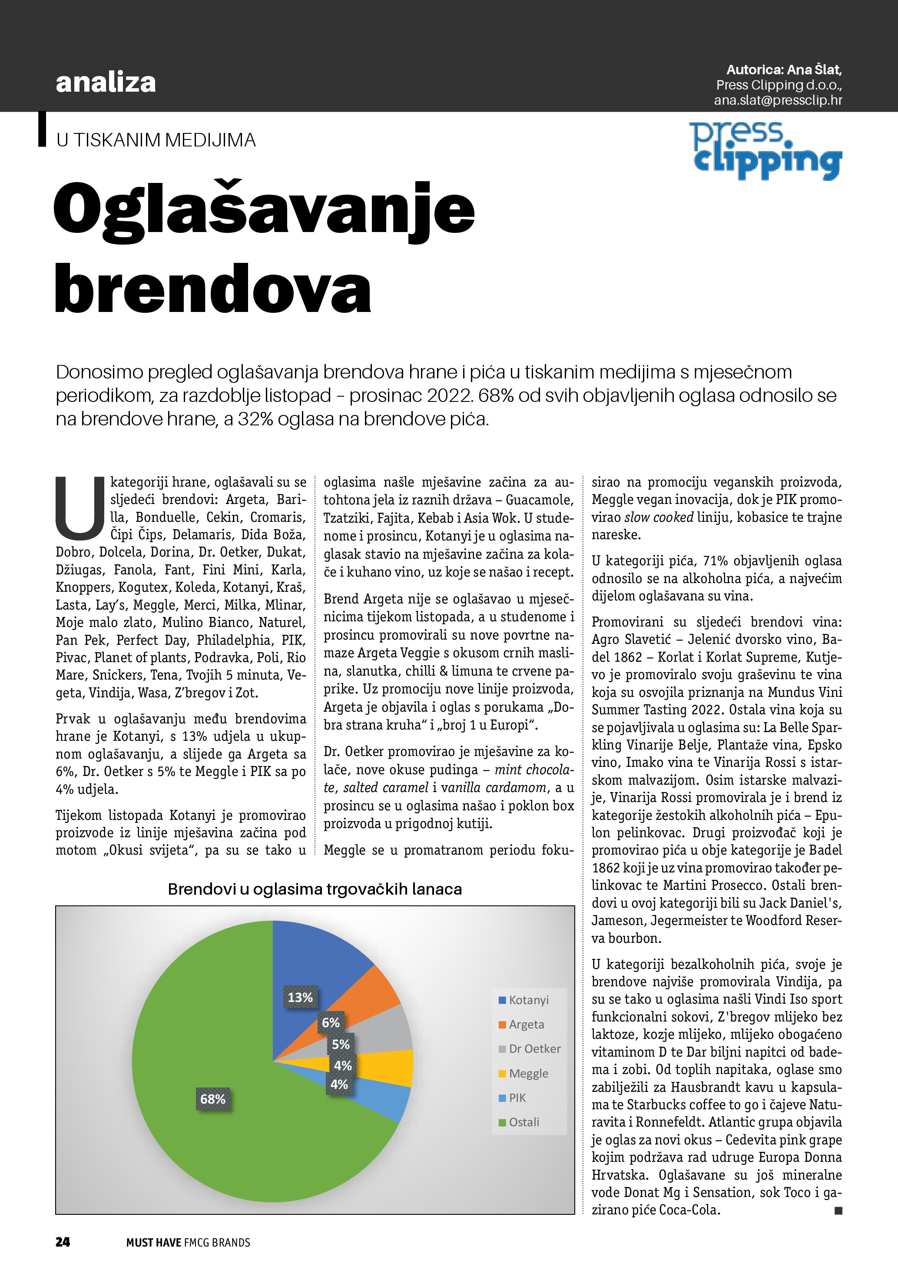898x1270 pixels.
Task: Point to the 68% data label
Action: pyautogui.click(x=213, y=1099)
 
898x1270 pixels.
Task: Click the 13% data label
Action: pyautogui.click(x=300, y=997)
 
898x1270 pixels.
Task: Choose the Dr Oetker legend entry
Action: pyautogui.click(x=529, y=1049)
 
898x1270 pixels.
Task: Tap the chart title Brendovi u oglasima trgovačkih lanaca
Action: pyautogui.click(x=315, y=889)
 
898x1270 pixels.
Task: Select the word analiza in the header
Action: pyautogui.click(x=106, y=83)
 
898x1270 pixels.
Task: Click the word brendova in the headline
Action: pyautogui.click(x=213, y=288)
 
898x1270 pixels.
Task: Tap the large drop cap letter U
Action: pyautogui.click(x=80, y=508)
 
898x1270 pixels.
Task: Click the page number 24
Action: pyautogui.click(x=63, y=1242)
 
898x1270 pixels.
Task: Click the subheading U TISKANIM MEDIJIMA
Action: pyautogui.click(x=156, y=140)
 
